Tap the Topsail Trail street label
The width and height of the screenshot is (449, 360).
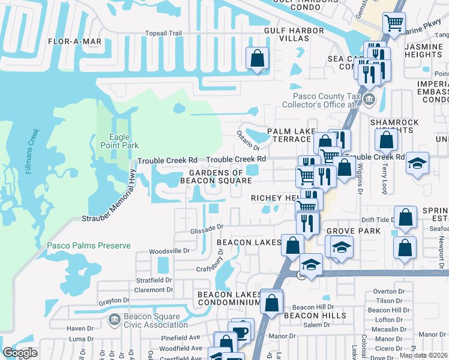coord(163,34)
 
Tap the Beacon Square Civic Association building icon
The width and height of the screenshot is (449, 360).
coord(113,320)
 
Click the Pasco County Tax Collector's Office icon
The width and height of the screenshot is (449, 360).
coord(368,100)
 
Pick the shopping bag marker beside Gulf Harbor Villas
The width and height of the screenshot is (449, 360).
coord(257,59)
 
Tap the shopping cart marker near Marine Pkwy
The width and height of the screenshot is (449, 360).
coord(394,23)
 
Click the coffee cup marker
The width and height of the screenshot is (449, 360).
coord(242,331)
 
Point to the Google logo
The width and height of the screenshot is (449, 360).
coord(20,353)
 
